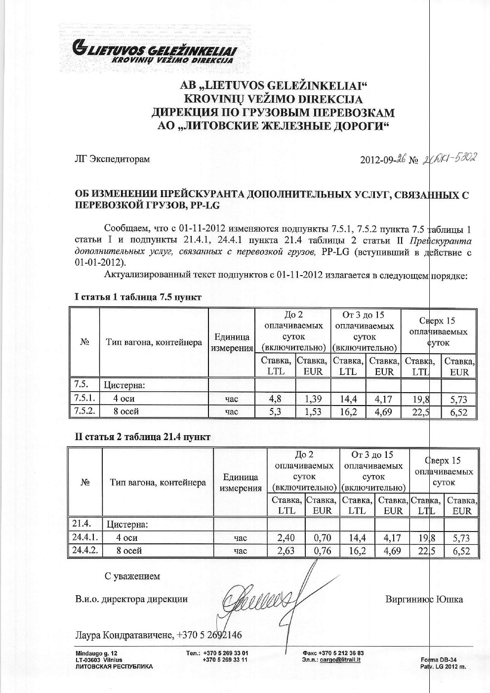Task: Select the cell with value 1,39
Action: pyautogui.click(x=314, y=399)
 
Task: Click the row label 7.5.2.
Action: pyautogui.click(x=84, y=411)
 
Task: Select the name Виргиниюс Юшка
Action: pyautogui.click(x=424, y=600)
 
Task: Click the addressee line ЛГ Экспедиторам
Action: pyautogui.click(x=112, y=159)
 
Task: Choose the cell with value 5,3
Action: pyautogui.click(x=275, y=411)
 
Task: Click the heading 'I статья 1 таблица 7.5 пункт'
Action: pyautogui.click(x=138, y=297)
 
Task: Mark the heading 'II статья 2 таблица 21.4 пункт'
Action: pyautogui.click(x=142, y=437)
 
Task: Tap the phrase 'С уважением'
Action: pyautogui.click(x=132, y=576)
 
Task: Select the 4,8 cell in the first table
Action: pyautogui.click(x=275, y=399)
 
